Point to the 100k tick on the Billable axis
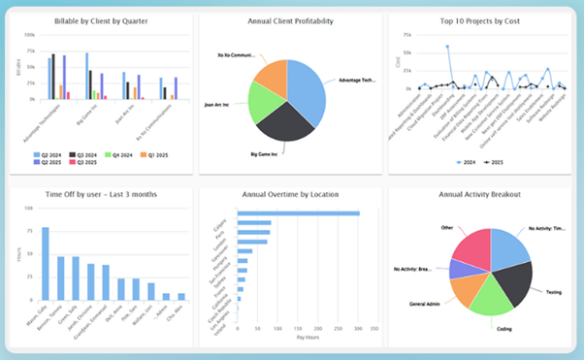[x=29, y=36]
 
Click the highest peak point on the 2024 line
[x=447, y=46]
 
